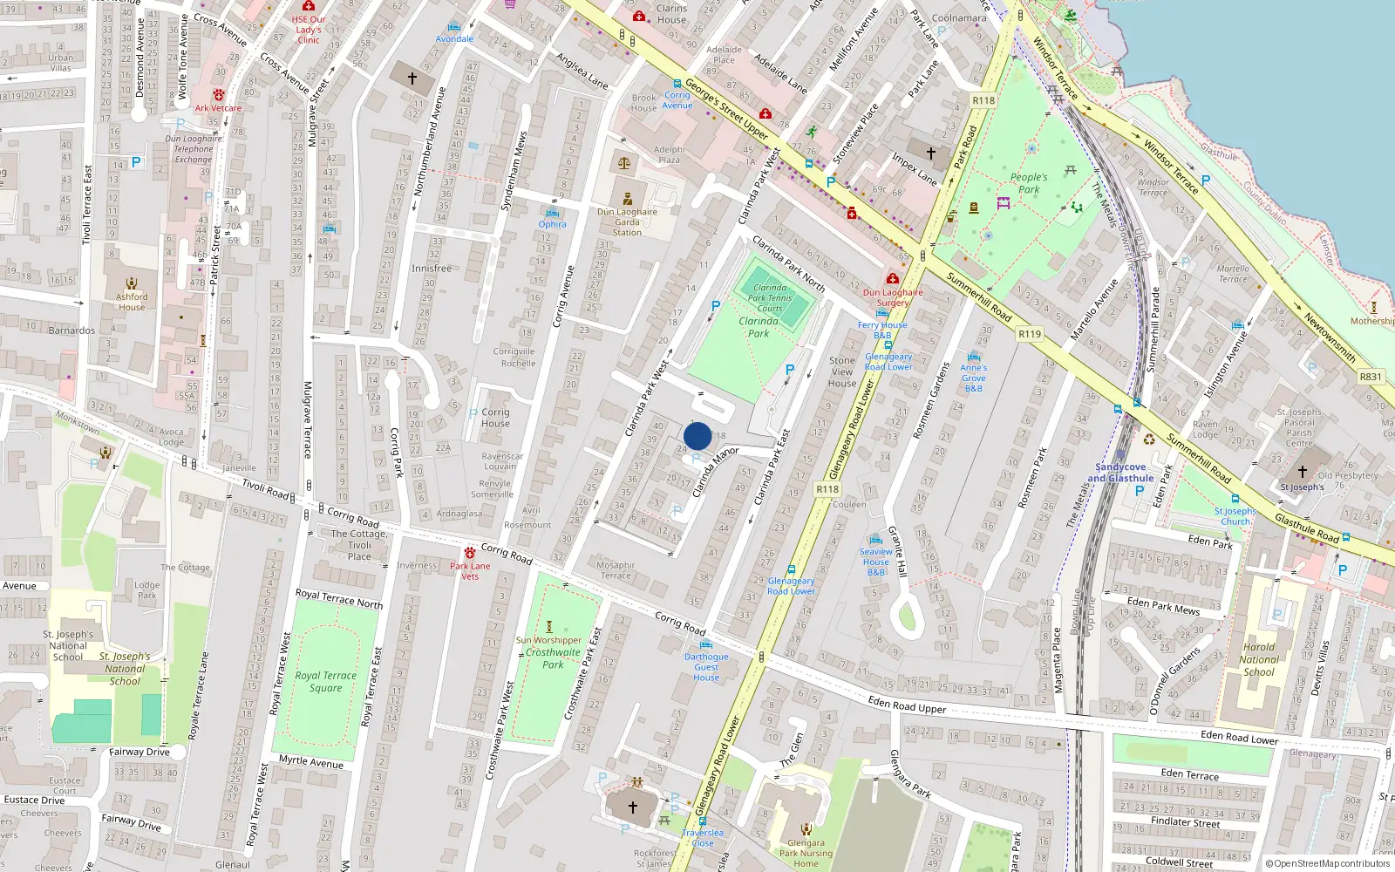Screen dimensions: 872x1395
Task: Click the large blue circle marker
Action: (697, 436)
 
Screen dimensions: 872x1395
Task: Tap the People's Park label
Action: (1029, 183)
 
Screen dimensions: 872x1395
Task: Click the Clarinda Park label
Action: (759, 327)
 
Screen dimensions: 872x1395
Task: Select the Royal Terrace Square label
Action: (325, 681)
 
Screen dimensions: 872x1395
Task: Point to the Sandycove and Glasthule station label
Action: (1120, 473)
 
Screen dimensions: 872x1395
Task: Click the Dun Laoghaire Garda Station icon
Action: (628, 199)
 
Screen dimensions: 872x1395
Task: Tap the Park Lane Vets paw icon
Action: (470, 553)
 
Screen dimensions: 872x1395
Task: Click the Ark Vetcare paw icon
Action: (219, 95)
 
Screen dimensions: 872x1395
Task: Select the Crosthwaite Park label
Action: (553, 658)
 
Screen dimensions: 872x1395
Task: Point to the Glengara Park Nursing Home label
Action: (806, 853)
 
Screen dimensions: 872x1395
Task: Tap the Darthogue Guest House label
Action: (706, 667)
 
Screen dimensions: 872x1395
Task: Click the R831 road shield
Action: (1371, 377)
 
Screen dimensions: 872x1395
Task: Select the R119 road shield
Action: (1030, 334)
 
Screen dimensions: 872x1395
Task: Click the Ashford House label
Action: (132, 302)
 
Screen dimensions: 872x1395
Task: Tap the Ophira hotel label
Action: (552, 224)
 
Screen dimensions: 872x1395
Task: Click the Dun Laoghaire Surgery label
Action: (893, 297)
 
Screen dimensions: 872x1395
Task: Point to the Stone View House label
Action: (842, 371)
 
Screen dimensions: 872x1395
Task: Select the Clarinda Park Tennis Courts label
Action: (770, 297)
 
